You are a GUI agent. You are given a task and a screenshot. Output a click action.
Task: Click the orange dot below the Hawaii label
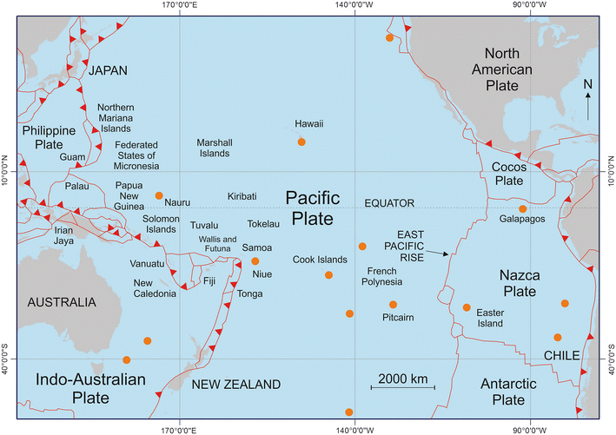coord(301,142)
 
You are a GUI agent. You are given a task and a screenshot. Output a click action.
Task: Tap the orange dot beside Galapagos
coord(522,209)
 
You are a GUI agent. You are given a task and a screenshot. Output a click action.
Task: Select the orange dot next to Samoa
coord(255,260)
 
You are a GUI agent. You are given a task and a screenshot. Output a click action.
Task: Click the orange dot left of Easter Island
coord(467,307)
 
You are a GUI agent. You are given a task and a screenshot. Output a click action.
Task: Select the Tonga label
coord(251,295)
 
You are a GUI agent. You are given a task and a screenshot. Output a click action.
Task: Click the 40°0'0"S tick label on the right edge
coord(609,358)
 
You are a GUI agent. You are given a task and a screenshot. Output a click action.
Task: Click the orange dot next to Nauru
coord(159,195)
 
